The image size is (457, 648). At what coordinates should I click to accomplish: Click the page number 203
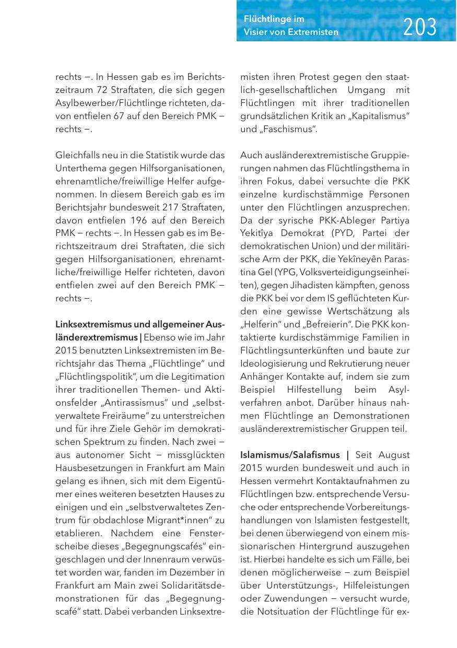pos(420,27)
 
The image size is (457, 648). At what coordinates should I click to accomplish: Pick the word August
pos(394,455)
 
